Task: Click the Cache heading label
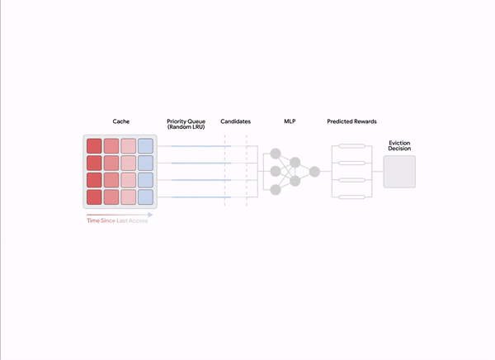click(121, 121)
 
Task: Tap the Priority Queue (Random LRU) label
click(186, 124)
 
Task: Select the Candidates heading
click(235, 121)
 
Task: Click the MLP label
click(290, 121)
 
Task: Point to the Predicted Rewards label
click(351, 121)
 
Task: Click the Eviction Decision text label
click(399, 145)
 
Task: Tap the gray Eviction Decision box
click(399, 172)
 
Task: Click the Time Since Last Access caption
click(117, 220)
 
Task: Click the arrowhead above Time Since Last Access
click(151, 215)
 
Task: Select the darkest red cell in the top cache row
click(94, 146)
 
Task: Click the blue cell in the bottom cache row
click(145, 197)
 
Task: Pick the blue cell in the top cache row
click(145, 146)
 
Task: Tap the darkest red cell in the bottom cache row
click(94, 197)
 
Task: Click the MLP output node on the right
click(314, 172)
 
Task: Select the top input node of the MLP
click(276, 154)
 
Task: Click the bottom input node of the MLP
click(276, 190)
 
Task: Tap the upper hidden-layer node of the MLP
click(295, 163)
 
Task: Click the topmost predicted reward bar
click(352, 146)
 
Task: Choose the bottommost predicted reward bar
click(352, 197)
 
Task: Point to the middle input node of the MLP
click(276, 171)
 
